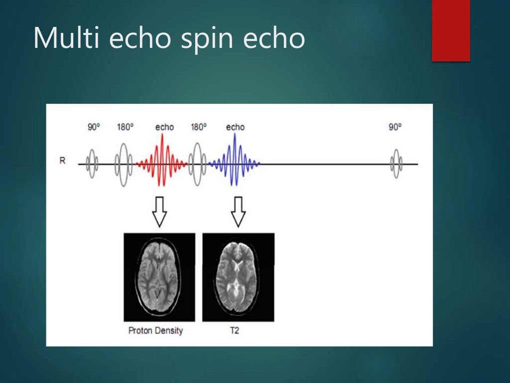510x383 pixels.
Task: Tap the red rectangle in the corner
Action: [451, 30]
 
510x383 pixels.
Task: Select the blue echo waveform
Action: [234, 162]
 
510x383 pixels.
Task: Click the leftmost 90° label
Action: [94, 127]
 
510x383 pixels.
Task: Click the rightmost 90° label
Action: [395, 127]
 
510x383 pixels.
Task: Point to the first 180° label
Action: [125, 127]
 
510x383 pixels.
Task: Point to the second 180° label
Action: [198, 127]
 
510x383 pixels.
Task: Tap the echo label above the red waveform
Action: [164, 127]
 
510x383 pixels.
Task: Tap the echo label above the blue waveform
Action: [235, 127]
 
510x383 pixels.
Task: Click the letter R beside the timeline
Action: [62, 162]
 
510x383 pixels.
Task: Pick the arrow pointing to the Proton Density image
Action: [159, 211]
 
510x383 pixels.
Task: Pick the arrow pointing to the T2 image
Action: [238, 211]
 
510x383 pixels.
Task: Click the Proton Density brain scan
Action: [159, 277]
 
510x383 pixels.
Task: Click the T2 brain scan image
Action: [238, 277]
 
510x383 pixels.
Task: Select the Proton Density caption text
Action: [155, 331]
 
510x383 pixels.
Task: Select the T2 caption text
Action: [234, 331]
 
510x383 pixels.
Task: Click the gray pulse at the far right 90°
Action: [396, 163]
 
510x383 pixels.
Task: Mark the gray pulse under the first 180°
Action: [124, 163]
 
